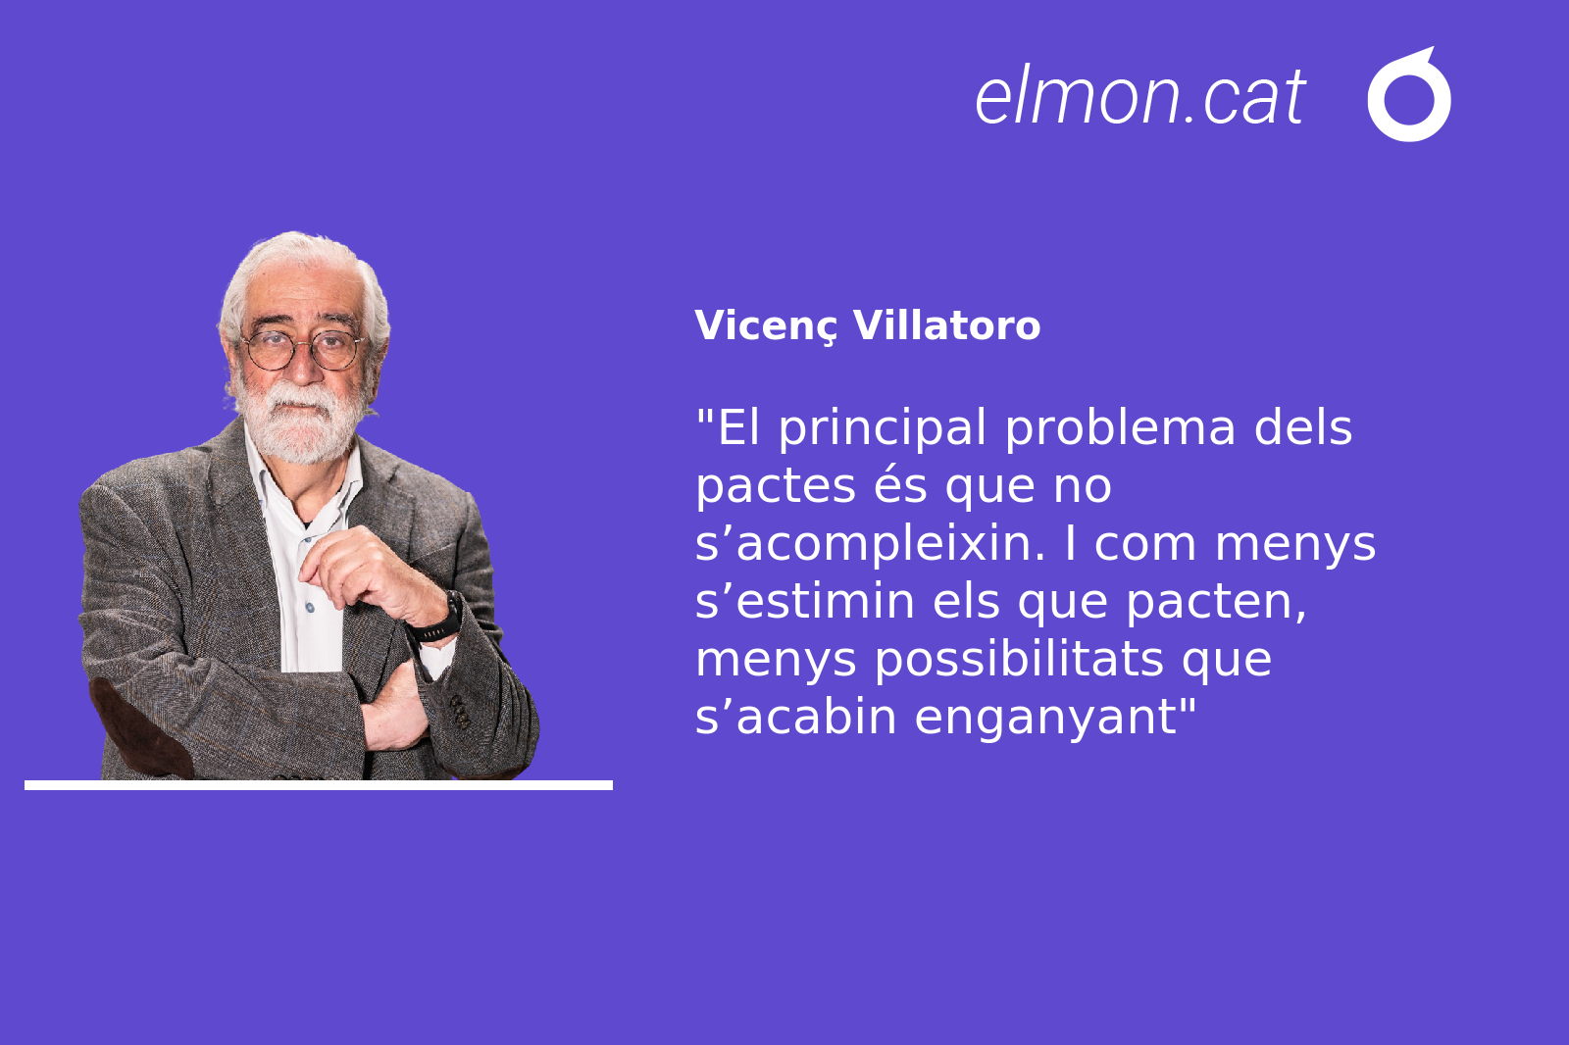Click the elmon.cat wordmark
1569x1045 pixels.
[x=1139, y=97]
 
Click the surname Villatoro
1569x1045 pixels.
[x=946, y=325]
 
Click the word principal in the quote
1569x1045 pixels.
[x=883, y=428]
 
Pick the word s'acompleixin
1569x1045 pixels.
[x=870, y=544]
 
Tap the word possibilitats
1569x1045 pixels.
[x=1019, y=660]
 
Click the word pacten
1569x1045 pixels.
[x=1216, y=602]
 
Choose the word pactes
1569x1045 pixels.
[x=776, y=486]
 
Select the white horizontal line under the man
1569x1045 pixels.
[x=319, y=785]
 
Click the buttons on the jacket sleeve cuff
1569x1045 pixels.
[x=460, y=711]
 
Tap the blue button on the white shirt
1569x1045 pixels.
[x=310, y=608]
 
